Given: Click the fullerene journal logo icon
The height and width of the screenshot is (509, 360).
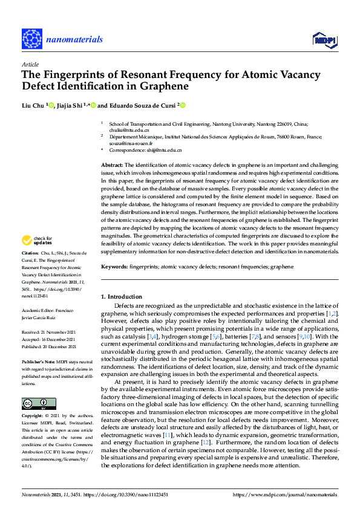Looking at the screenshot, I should [x=32, y=39].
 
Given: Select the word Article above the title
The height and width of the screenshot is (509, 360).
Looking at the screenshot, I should [x=30, y=63].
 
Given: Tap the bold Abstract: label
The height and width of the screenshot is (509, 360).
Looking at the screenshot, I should [x=112, y=164].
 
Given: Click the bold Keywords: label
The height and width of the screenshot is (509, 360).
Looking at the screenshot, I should [x=115, y=267].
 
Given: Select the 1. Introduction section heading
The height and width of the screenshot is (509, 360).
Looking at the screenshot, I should [x=122, y=297].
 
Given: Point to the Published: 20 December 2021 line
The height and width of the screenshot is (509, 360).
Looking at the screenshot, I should [x=49, y=347].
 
